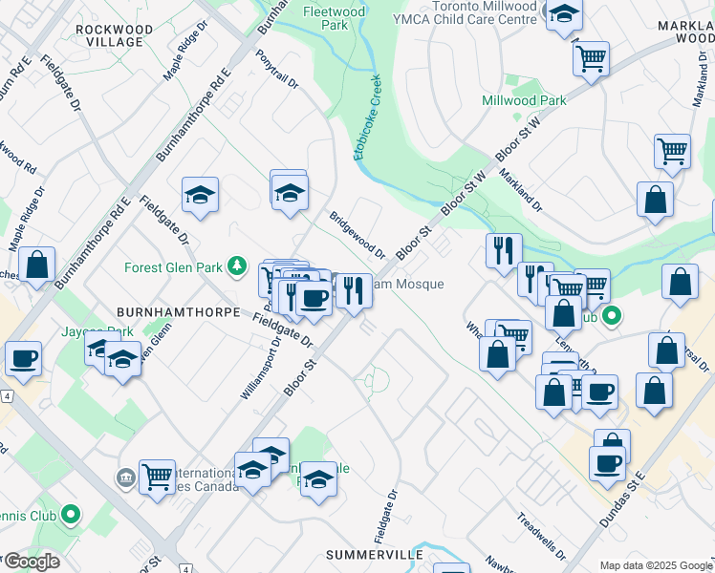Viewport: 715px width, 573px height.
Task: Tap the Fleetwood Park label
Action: click(x=329, y=18)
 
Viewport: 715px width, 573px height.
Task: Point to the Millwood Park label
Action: click(x=524, y=100)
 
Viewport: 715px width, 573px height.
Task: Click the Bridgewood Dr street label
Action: click(x=357, y=235)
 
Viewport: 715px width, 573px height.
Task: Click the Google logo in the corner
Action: click(x=32, y=562)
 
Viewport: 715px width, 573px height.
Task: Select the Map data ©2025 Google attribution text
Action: click(x=655, y=564)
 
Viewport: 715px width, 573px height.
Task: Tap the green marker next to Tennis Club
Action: click(x=70, y=517)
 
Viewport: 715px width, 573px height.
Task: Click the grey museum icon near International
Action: click(x=125, y=476)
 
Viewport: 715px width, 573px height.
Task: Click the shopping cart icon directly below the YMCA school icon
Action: click(x=591, y=57)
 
